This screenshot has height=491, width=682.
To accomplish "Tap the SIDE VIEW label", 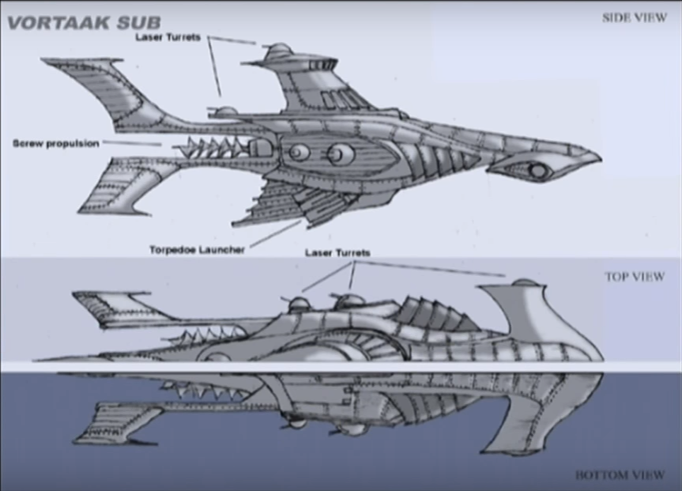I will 634,17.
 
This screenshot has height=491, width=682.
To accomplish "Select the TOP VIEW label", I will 635,277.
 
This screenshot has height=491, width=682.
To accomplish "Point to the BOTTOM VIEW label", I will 620,475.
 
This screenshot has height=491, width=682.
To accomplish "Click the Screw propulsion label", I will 55,144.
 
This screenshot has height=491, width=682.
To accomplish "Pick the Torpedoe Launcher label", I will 197,249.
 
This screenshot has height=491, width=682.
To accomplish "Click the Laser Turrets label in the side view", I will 168,36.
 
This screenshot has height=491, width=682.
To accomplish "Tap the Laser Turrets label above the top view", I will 337,253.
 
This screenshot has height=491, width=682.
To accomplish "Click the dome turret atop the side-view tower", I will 278,52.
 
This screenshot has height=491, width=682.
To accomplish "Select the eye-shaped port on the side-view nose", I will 537,170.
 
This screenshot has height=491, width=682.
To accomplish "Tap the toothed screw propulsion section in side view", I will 213,147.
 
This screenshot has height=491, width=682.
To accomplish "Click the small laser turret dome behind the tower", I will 228,111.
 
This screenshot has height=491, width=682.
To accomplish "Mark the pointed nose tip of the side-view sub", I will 597,156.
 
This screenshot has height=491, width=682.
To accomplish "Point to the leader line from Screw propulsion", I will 131,144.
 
